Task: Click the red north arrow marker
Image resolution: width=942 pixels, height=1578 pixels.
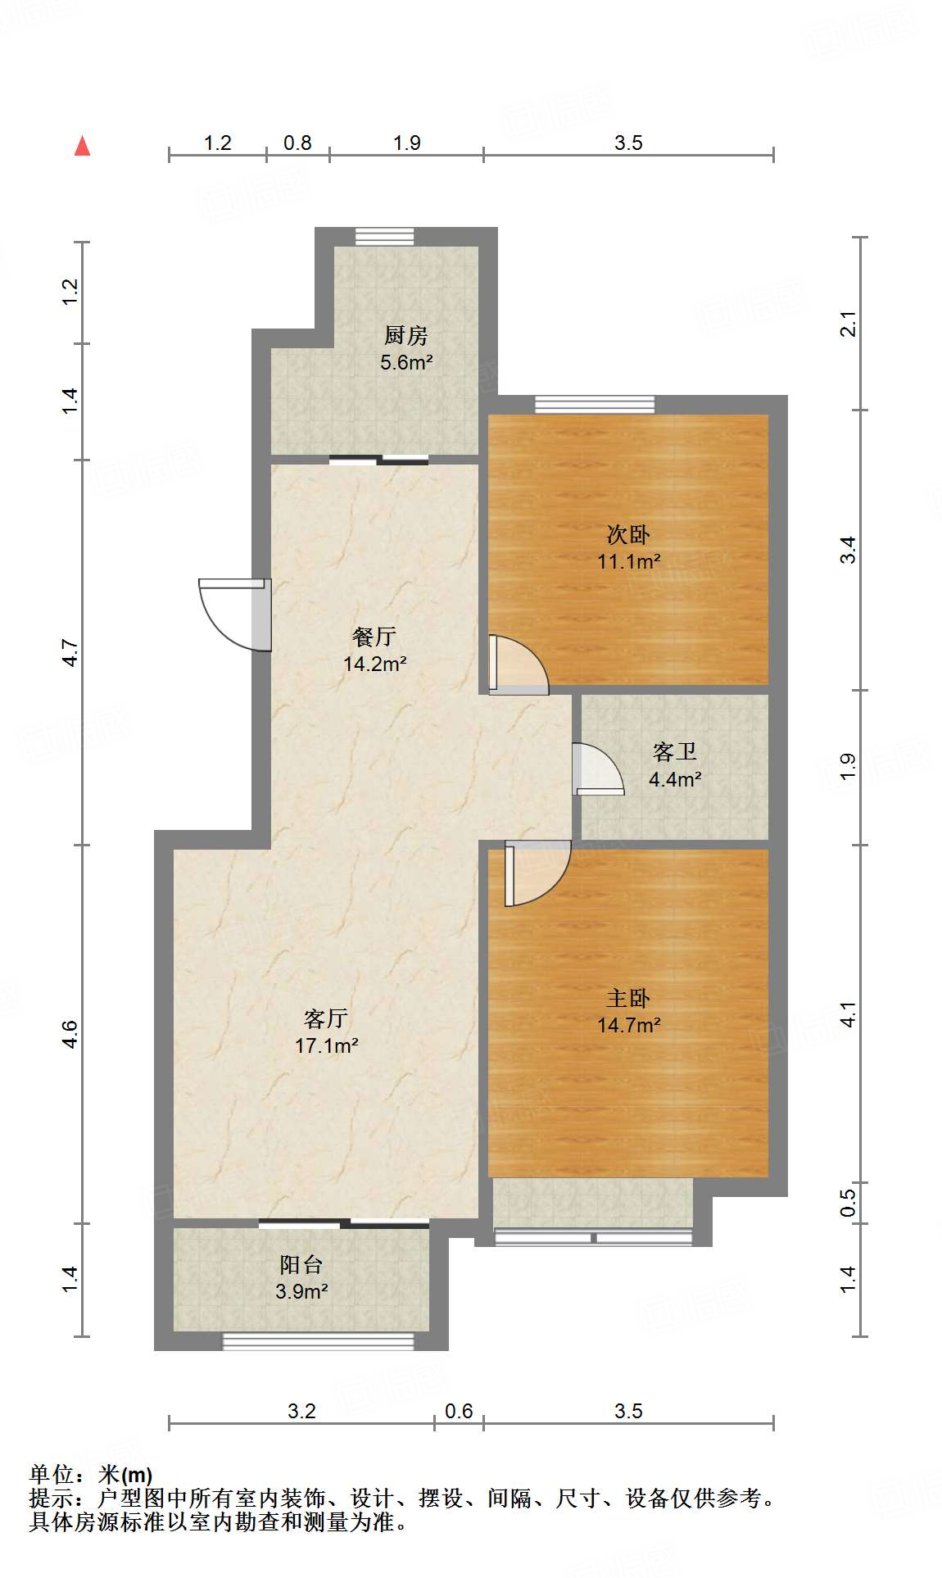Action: tap(82, 146)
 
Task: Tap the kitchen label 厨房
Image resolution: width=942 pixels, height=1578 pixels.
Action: tap(405, 335)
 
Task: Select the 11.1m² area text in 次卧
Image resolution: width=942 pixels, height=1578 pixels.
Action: tap(628, 562)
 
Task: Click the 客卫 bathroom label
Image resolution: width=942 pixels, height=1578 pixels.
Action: tap(674, 751)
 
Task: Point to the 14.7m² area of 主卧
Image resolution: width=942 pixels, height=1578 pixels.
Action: tap(628, 1026)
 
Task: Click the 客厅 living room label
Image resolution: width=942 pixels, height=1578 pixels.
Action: tap(326, 1018)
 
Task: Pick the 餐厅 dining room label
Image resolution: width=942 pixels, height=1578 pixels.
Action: tap(374, 637)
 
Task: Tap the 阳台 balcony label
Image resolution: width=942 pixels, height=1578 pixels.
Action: tap(301, 1264)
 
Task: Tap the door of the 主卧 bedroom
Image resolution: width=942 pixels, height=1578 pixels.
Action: tap(537, 873)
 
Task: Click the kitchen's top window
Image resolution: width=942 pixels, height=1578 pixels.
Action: tap(384, 237)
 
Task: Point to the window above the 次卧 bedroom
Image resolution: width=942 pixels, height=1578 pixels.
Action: tap(595, 404)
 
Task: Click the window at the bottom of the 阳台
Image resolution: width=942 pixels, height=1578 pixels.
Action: tap(319, 1341)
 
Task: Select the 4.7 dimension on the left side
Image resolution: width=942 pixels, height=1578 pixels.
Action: tap(71, 652)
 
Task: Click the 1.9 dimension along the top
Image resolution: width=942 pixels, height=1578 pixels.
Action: tap(406, 143)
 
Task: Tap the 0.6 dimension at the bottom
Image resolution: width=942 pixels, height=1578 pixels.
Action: tap(459, 1411)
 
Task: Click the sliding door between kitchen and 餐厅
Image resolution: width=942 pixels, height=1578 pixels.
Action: tap(378, 460)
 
